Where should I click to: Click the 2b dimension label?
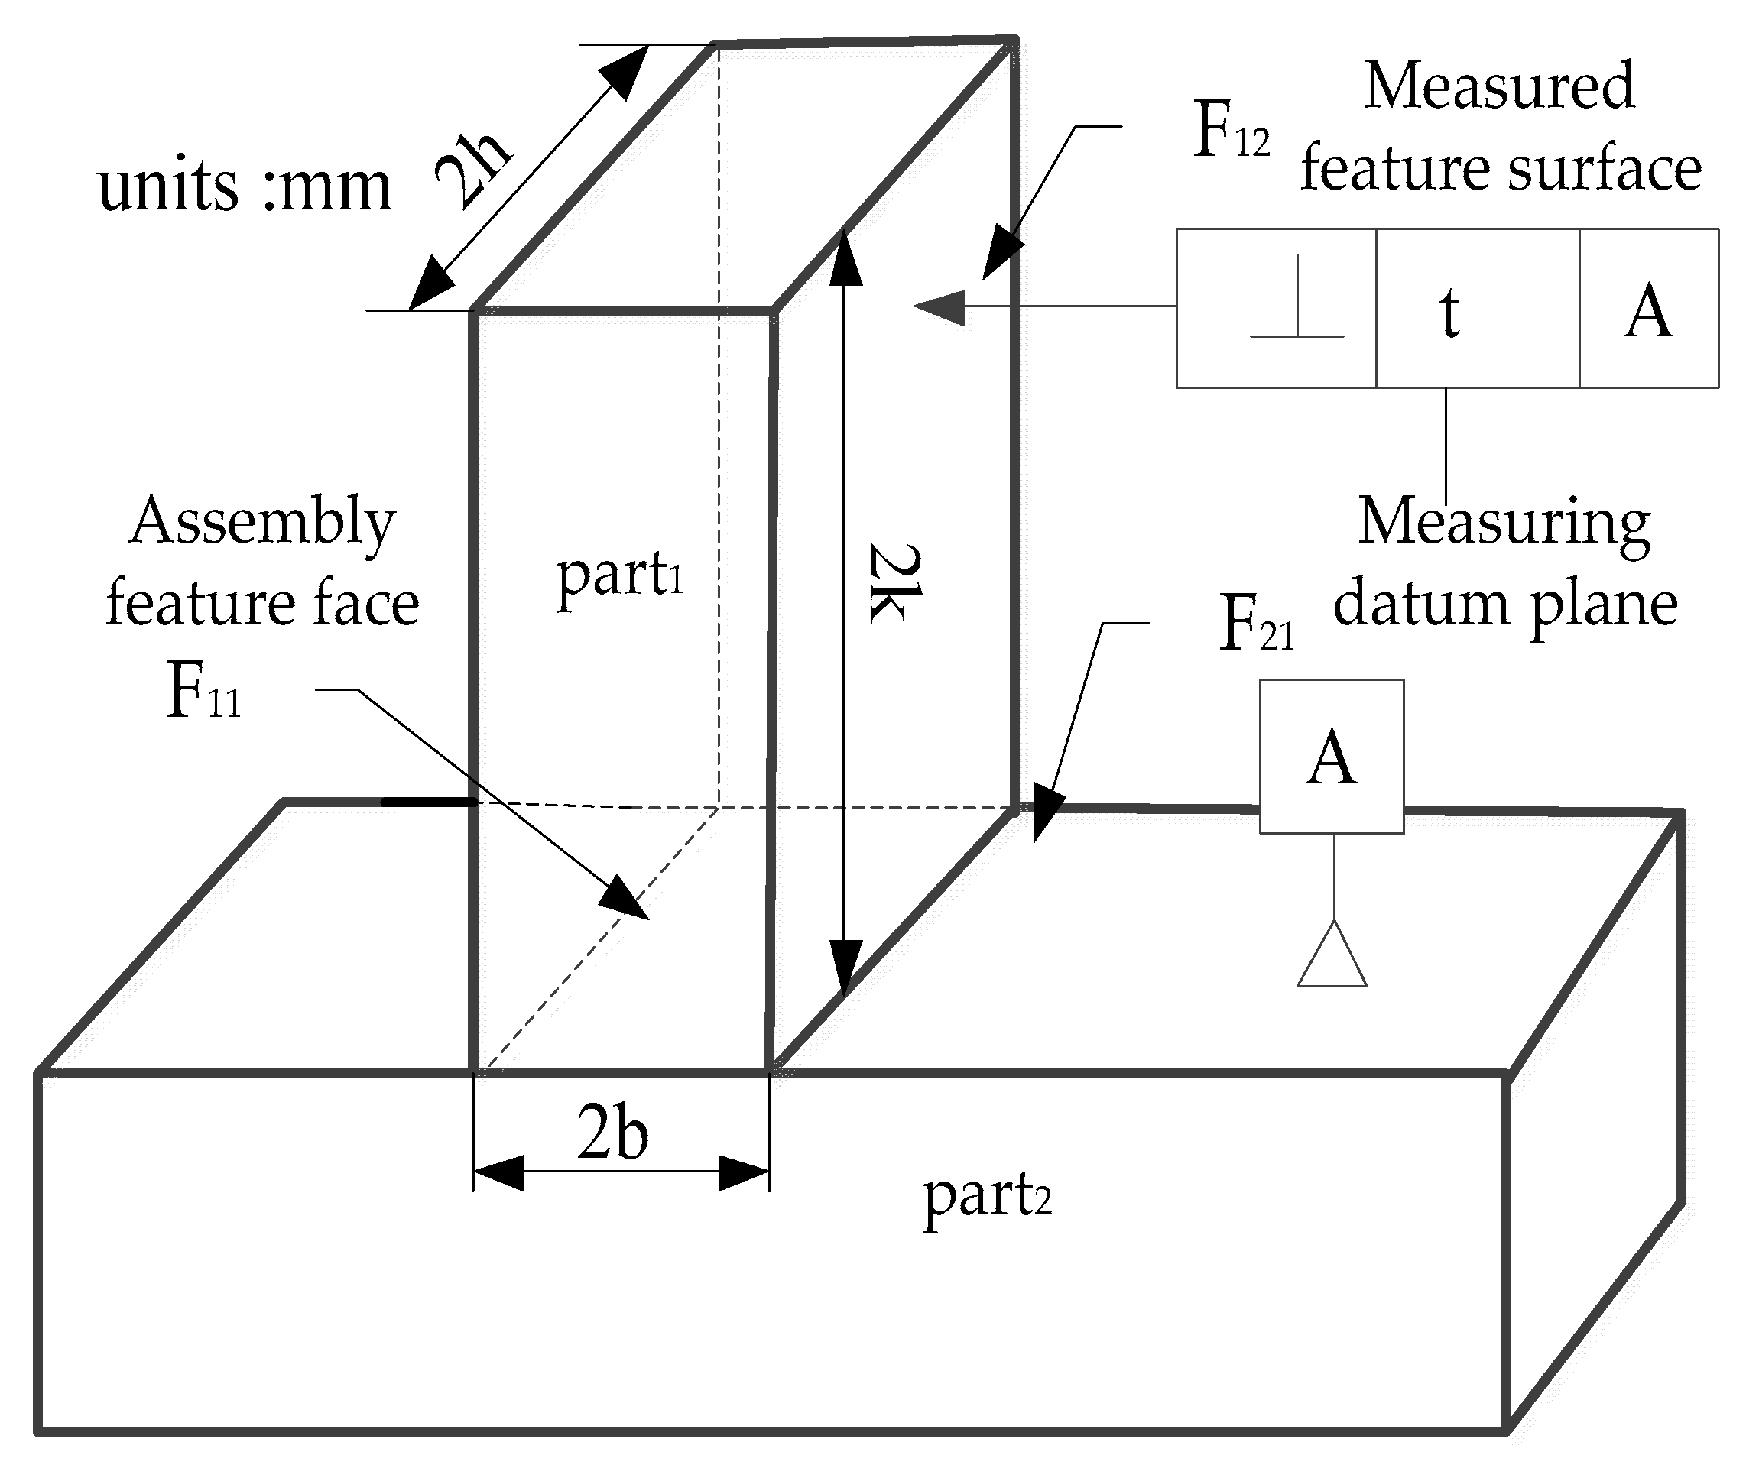(x=613, y=1133)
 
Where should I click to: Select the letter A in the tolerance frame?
(x=1647, y=311)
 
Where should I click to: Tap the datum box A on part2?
(x=1331, y=757)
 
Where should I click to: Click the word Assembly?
(x=263, y=522)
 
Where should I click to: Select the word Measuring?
(x=1503, y=523)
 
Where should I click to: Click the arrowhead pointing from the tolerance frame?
(x=940, y=307)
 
